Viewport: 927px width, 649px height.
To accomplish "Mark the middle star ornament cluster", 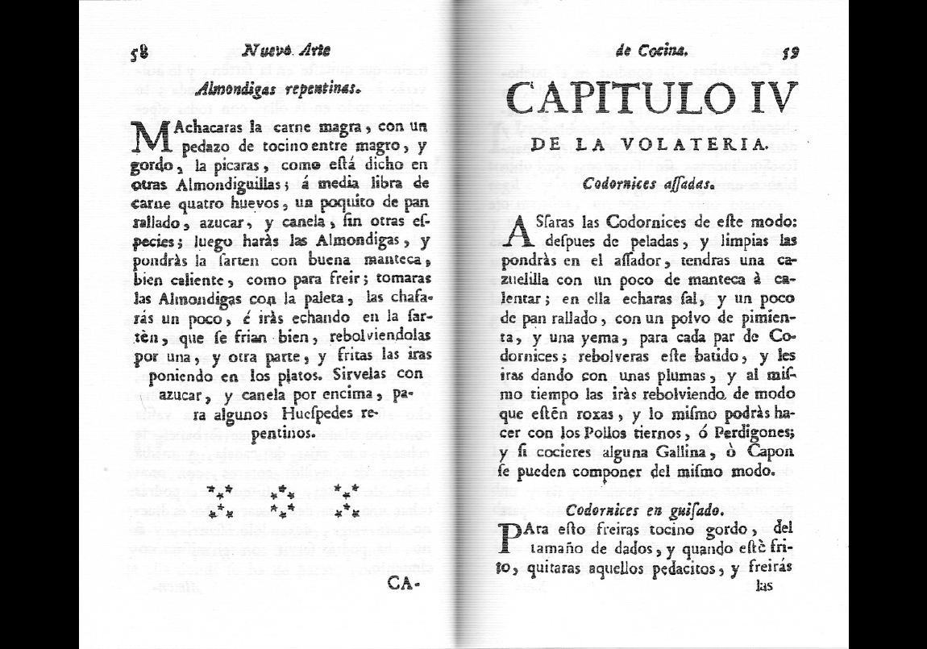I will pyautogui.click(x=281, y=501).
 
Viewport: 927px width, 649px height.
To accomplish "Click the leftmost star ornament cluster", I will pyautogui.click(x=220, y=501).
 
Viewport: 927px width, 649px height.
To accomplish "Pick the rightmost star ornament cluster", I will pyautogui.click(x=346, y=501).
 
